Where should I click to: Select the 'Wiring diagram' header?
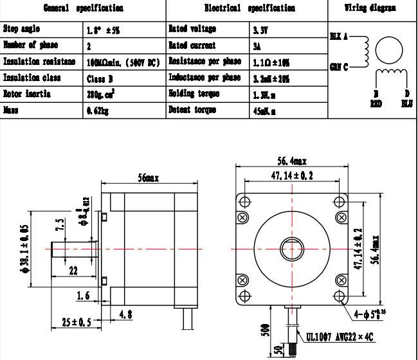pyautogui.click(x=370, y=9)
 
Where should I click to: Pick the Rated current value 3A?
pyautogui.click(x=257, y=46)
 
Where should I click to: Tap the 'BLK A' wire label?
pyautogui.click(x=338, y=37)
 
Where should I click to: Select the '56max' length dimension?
pyautogui.click(x=149, y=177)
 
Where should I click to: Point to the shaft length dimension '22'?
pyautogui.click(x=73, y=271)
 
